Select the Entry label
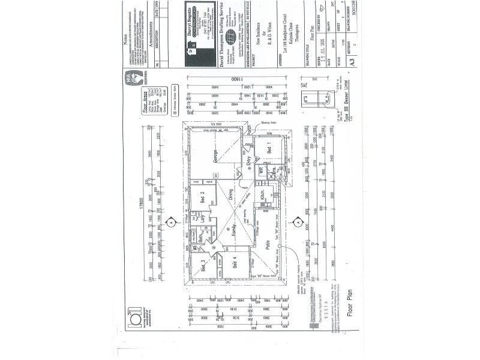tap(251, 161)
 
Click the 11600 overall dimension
tap(229, 79)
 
